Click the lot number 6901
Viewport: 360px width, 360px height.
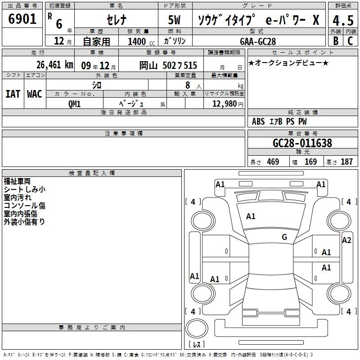pos(22,19)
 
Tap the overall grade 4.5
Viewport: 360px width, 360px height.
pos(343,20)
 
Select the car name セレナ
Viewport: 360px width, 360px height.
pos(117,20)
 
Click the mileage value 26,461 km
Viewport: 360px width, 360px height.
pos(54,65)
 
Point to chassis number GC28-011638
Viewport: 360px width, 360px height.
pos(302,143)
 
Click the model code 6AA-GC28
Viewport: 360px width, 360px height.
pos(258,41)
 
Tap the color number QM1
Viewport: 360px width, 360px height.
pos(75,104)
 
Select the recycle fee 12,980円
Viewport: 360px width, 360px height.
pos(228,104)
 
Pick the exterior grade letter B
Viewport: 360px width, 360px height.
pos(336,41)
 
